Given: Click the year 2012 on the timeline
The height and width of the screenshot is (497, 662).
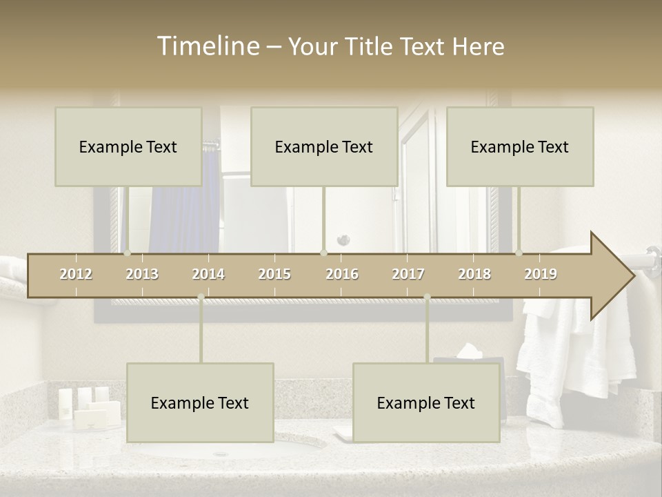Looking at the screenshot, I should click(x=76, y=274).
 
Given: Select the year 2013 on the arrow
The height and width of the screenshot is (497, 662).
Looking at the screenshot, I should click(x=142, y=274).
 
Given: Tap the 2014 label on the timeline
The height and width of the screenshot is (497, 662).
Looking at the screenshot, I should click(x=208, y=274).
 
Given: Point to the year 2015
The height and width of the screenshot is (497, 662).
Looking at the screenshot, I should click(x=274, y=274).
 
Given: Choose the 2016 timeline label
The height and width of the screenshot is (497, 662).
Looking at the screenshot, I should click(x=342, y=274).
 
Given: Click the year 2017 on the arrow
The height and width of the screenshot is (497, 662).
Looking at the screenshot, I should click(x=408, y=274).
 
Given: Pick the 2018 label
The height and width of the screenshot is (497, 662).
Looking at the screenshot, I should click(x=474, y=274).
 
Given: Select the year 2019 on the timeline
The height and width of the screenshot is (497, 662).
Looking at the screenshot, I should click(x=541, y=274).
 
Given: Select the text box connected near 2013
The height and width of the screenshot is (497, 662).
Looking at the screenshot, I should click(x=128, y=146).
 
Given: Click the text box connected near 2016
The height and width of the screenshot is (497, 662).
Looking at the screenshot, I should click(x=324, y=146).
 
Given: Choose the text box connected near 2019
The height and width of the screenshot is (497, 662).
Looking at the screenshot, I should click(x=520, y=146).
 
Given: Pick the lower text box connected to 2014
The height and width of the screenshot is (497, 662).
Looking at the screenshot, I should click(x=200, y=402).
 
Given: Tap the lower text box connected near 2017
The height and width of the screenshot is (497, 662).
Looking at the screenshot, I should click(x=426, y=402).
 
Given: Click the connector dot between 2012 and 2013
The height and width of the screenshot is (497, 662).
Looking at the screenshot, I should click(x=128, y=253).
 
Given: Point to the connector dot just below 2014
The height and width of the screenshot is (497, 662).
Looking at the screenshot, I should click(x=201, y=297).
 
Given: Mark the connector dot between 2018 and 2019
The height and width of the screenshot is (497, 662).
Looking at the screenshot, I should click(x=519, y=253).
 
